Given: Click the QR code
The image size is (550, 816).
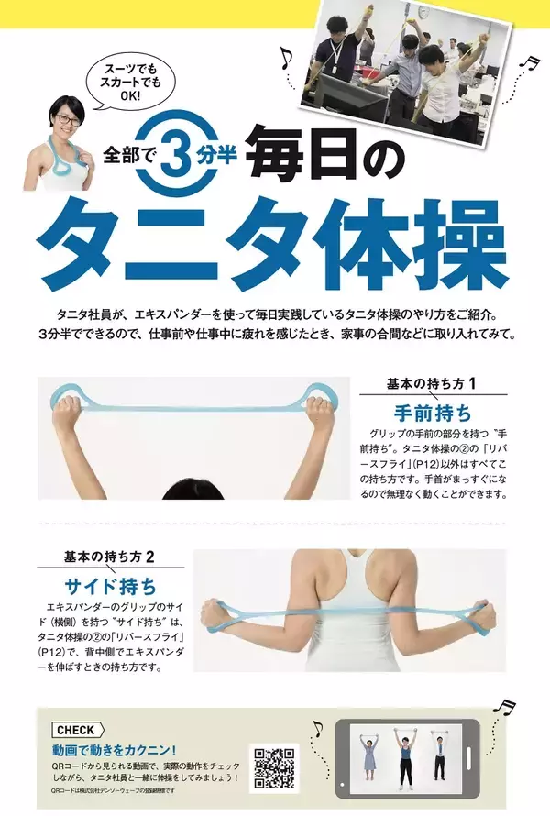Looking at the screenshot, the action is pyautogui.click(x=274, y=768).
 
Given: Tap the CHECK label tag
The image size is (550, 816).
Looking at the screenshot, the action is pyautogui.click(x=78, y=730).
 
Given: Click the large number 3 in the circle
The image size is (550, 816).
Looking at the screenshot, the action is pyautogui.click(x=176, y=153).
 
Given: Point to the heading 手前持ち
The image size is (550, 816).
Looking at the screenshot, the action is pyautogui.click(x=433, y=414).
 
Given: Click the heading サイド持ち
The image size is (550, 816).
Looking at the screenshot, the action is pyautogui.click(x=110, y=587).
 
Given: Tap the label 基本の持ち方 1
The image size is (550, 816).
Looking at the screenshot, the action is pyautogui.click(x=432, y=384).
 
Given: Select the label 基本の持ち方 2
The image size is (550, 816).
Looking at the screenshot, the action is pyautogui.click(x=109, y=557).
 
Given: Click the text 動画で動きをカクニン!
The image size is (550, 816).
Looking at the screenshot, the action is pyautogui.click(x=114, y=750).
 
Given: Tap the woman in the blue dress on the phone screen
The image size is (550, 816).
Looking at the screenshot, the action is pyautogui.click(x=369, y=755).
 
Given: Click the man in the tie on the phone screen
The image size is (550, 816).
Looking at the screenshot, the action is pyautogui.click(x=439, y=755).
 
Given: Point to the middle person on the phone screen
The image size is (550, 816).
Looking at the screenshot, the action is pyautogui.click(x=405, y=755).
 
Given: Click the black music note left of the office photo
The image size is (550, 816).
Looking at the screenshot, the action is pyautogui.click(x=286, y=58).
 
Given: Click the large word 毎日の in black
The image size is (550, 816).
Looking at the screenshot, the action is pyautogui.click(x=328, y=156).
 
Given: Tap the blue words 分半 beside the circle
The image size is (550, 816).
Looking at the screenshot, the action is pyautogui.click(x=216, y=154).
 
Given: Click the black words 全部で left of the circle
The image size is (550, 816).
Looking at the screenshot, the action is pyautogui.click(x=126, y=155).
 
